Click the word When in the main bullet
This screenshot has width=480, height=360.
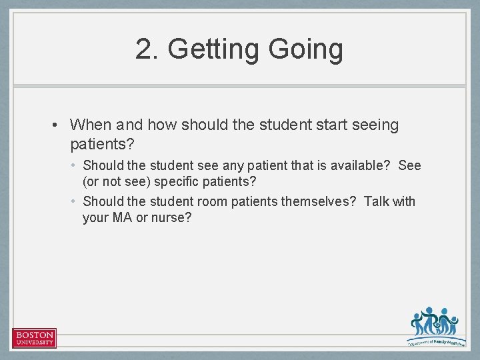(91, 125)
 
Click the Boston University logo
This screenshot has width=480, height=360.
(34, 338)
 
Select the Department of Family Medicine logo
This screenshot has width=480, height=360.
(434, 327)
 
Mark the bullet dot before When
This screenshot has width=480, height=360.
(59, 125)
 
